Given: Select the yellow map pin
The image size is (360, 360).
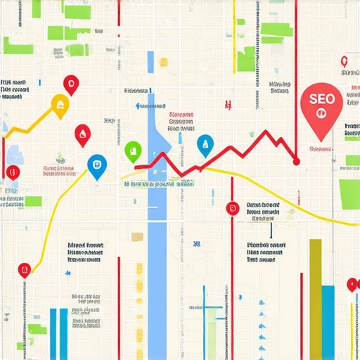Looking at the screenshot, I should pyautogui.click(x=60, y=106).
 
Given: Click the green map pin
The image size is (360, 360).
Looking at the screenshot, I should pyautogui.click(x=132, y=150).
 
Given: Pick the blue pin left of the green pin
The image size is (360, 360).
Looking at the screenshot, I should pyautogui.click(x=96, y=166).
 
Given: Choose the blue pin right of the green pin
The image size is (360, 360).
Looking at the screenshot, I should pyautogui.click(x=205, y=145).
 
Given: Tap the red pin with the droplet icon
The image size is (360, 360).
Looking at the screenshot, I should pyautogui.click(x=82, y=134).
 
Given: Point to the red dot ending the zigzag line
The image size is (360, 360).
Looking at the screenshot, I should pyautogui.click(x=296, y=162).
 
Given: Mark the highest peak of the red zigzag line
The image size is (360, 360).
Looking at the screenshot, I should pyautogui.click(x=266, y=131).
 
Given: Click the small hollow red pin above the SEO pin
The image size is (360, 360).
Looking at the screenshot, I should pyautogui.click(x=343, y=62).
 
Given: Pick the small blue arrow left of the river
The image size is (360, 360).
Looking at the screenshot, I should pyautogui.click(x=138, y=106).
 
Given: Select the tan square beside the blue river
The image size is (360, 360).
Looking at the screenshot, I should pyautogui.click(x=138, y=237).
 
